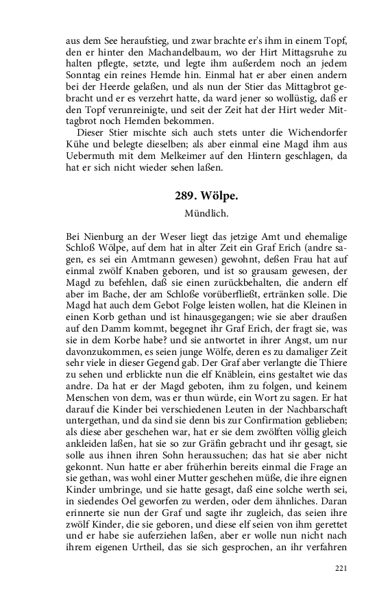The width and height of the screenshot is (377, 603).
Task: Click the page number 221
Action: tap(341, 568)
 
